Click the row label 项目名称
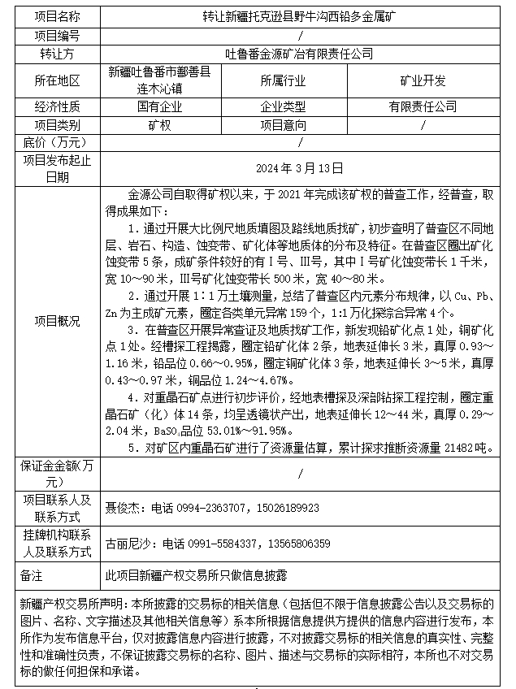coord(58,16)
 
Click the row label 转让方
coord(58,54)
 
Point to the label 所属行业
coord(283,80)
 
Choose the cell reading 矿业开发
coord(423,80)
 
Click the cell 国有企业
coord(159,106)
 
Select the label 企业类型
coord(283,106)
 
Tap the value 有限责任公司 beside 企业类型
coord(423,106)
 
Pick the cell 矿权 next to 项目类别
coord(159,125)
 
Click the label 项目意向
coord(283,125)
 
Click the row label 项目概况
coord(58,322)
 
